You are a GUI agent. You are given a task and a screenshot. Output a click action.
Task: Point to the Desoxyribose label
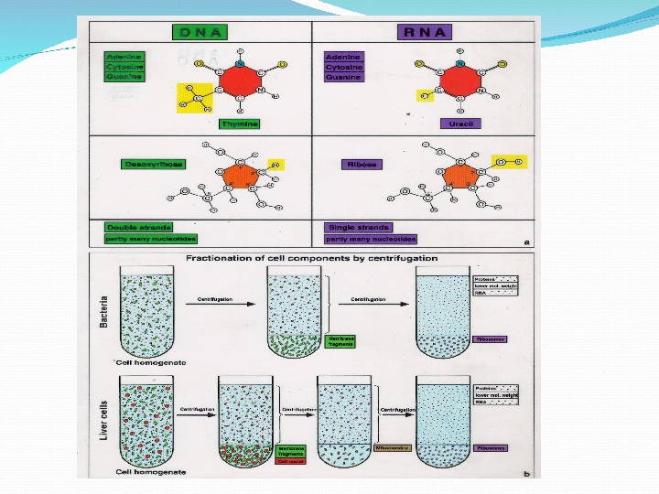[152, 165]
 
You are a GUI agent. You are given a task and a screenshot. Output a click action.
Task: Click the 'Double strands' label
[139, 227]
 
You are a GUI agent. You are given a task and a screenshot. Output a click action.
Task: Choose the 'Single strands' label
[358, 227]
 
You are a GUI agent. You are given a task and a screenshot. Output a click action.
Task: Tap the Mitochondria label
[394, 448]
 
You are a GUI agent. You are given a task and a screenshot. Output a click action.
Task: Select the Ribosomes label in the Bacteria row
[491, 338]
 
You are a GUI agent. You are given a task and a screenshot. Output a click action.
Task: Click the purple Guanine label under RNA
[344, 78]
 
